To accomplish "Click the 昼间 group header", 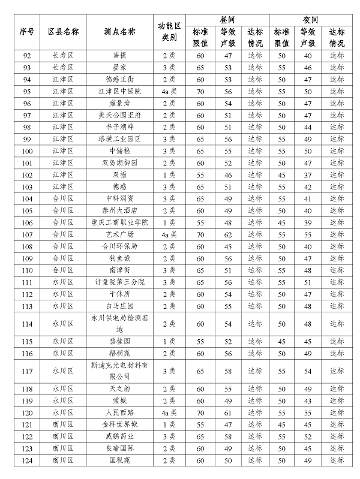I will pos(227,19).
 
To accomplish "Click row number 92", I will pos(26,55).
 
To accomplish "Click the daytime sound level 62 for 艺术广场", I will pos(227,234).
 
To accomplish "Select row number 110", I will pos(26,270).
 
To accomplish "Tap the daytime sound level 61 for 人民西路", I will pos(227,412).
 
